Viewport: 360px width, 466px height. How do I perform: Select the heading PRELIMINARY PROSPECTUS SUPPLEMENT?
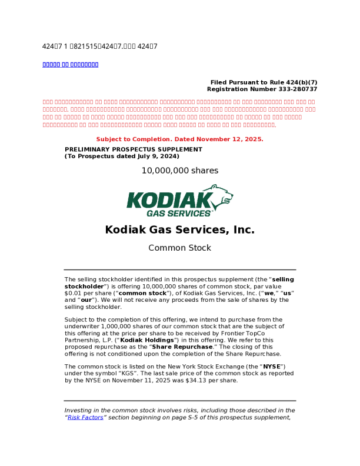tap(133, 149)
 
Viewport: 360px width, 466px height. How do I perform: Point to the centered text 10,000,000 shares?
tap(179, 171)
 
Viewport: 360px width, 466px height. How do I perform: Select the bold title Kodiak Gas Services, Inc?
tap(179, 229)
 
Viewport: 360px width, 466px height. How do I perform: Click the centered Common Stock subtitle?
tap(179, 248)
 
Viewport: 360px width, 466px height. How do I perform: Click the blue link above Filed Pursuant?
tap(70, 64)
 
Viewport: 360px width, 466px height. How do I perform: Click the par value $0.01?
tap(73, 293)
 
